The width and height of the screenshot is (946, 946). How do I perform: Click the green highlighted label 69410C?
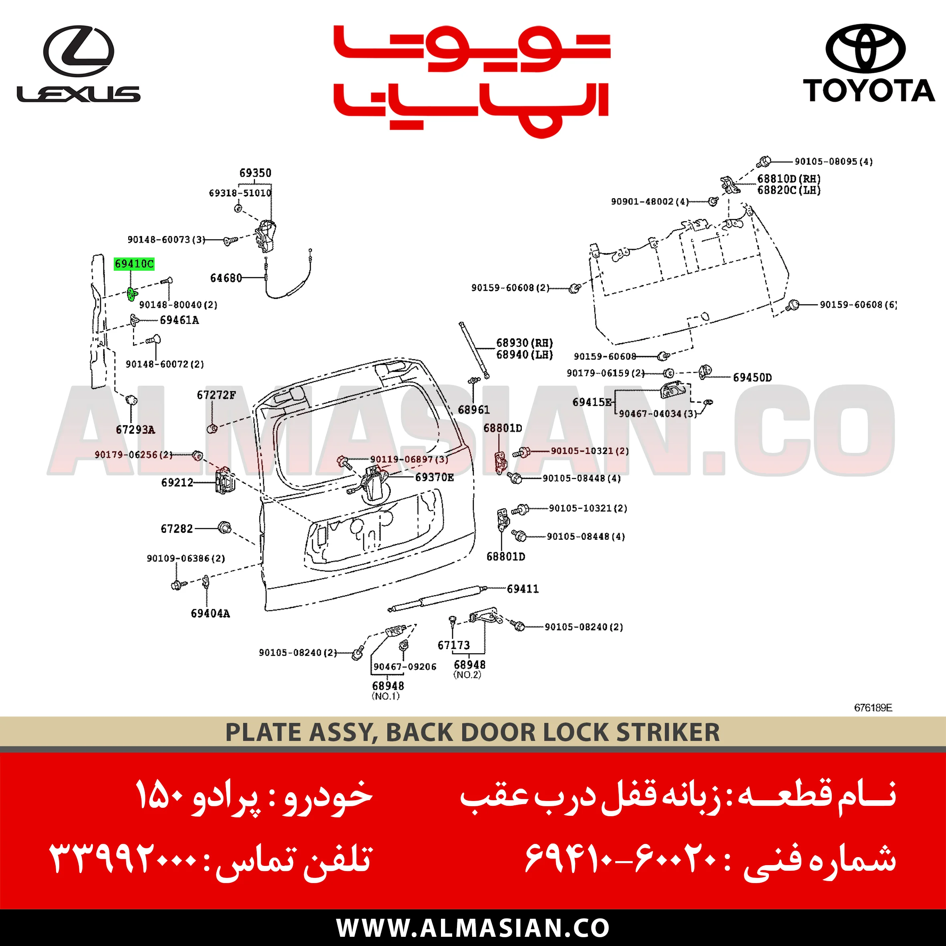134,264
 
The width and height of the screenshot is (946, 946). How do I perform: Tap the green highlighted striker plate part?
132,294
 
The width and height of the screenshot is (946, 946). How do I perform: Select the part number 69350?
255,173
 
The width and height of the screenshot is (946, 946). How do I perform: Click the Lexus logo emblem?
78,51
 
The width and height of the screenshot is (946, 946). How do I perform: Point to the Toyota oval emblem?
865,48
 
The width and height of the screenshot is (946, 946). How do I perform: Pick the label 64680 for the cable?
226,278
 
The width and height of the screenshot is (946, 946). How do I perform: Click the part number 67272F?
216,395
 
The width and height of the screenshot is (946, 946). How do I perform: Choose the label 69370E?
434,477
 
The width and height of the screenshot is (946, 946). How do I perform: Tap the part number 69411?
523,589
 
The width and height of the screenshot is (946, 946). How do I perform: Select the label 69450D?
752,378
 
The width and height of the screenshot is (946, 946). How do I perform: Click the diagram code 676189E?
873,708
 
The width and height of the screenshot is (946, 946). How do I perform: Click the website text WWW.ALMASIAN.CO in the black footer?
473,928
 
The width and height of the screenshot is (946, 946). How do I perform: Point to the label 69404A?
210,614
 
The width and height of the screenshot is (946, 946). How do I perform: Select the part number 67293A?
135,430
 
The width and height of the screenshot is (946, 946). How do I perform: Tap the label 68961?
473,410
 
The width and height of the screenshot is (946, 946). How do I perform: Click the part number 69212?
177,483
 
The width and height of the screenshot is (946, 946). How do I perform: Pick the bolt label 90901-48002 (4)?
649,202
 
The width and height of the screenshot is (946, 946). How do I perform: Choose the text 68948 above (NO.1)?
388,686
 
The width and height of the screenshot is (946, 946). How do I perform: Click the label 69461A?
179,320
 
